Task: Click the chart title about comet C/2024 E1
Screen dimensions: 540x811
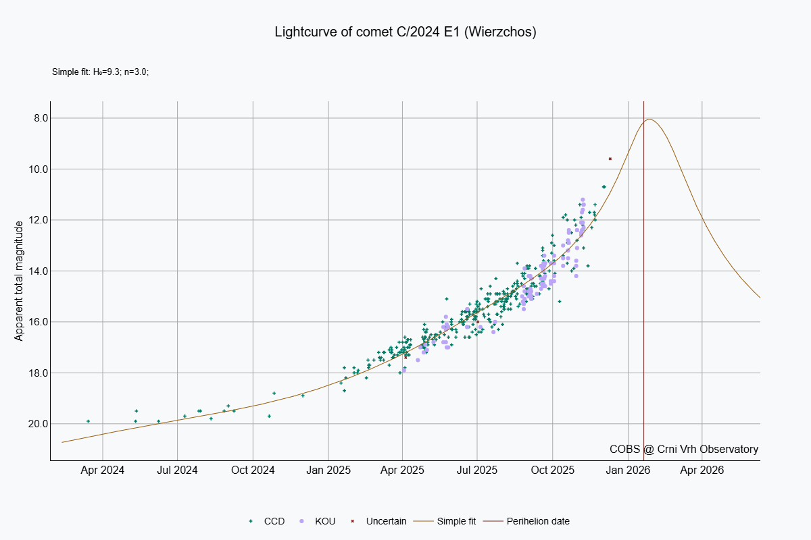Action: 405,32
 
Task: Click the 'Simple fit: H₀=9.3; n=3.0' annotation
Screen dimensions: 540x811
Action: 100,72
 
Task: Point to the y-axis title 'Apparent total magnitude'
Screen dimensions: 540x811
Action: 19,280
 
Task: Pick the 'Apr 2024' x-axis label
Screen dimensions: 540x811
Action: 103,470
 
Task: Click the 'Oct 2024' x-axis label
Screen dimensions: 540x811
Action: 253,470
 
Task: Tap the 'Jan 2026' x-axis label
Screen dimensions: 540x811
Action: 628,470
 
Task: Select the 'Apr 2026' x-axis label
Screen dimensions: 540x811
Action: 702,470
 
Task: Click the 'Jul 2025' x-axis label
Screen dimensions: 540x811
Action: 477,470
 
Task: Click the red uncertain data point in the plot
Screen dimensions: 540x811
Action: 610,159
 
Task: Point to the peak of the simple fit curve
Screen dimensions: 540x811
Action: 649,119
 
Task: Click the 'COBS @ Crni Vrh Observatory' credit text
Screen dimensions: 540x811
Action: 683,449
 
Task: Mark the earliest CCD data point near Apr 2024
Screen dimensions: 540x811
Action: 88,421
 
